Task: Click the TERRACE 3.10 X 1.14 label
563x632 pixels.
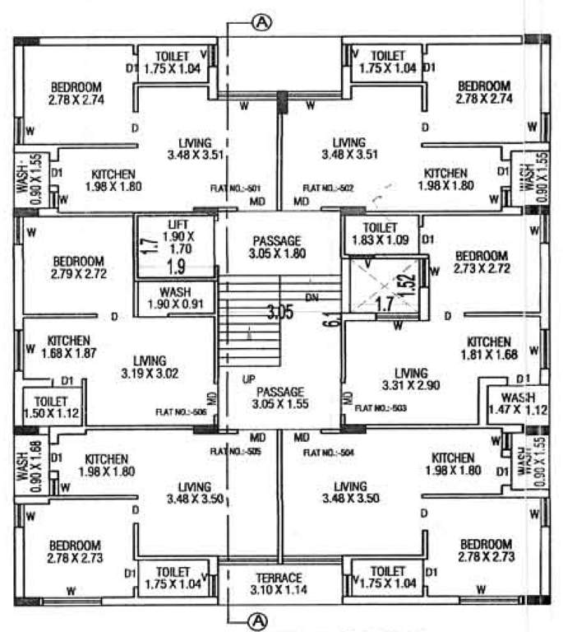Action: coord(275,583)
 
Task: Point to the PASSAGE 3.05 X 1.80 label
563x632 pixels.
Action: coord(278,248)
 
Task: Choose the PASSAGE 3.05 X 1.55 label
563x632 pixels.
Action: coord(280,397)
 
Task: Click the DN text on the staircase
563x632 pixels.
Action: coord(311,297)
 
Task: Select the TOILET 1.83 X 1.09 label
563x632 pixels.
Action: coord(379,234)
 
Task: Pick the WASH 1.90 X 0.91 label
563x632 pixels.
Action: coord(176,299)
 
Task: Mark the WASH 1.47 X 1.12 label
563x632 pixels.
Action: coord(518,404)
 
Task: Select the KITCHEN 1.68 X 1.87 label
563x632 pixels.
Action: coord(72,346)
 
